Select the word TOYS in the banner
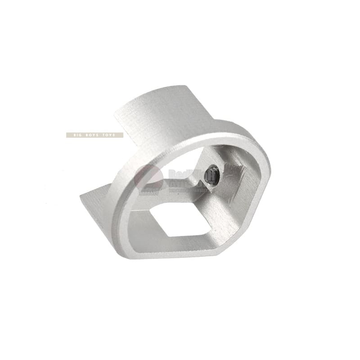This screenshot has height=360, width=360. point(111,135)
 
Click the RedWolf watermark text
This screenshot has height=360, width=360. point(184,173)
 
